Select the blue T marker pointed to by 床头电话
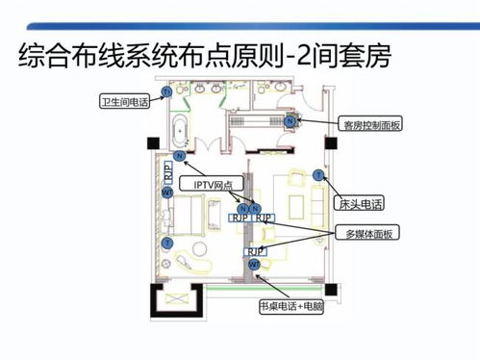coord(317,174)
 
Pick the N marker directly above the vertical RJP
coord(179,156)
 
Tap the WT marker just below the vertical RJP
coord(167,193)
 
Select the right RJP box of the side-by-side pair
coord(265,219)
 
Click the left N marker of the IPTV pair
coord(243,208)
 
